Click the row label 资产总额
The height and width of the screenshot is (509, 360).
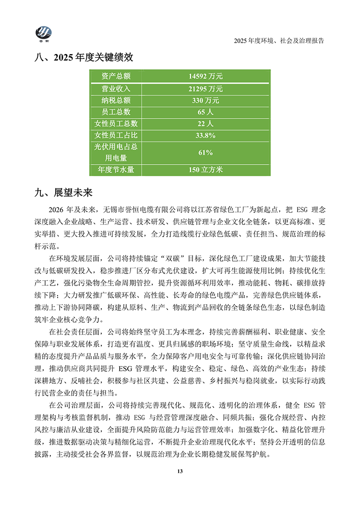pos(116,76)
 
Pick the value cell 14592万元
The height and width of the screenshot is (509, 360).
pos(205,76)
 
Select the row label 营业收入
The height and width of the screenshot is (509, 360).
pos(116,89)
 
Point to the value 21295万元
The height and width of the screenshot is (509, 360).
pos(205,89)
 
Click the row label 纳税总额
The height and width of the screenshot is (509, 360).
pos(116,100)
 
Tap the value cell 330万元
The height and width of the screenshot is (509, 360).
pos(205,100)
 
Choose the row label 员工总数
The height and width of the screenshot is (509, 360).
pos(116,112)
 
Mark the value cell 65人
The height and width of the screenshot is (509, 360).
pos(205,112)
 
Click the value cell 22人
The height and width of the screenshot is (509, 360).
pos(205,124)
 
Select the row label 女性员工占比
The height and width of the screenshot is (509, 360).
pos(116,135)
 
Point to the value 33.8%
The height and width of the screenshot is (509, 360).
pos(205,135)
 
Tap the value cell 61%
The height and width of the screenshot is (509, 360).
pos(205,153)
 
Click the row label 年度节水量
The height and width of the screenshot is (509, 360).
pos(116,169)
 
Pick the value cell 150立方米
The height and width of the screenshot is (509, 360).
pos(205,169)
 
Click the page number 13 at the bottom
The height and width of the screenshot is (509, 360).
pos(180,472)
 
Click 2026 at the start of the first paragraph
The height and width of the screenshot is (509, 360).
pos(57,210)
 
